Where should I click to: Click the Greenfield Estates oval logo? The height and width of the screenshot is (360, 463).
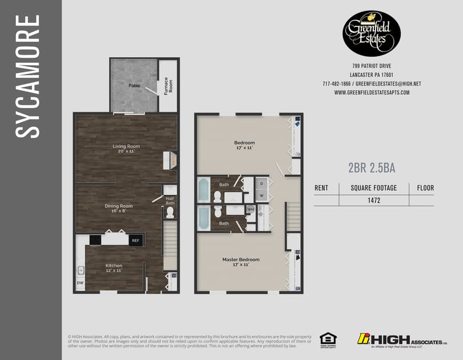coord(372,34)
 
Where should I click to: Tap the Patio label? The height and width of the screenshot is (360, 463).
coord(134,86)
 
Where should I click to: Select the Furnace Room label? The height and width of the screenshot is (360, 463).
coord(167,86)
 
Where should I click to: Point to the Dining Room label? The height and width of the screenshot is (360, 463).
coord(118,208)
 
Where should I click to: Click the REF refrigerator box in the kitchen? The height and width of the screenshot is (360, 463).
coord(135,241)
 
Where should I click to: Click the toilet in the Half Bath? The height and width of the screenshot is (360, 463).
coord(169,213)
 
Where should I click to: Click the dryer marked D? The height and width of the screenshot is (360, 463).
coord(261,184)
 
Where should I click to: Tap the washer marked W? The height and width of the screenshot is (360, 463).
coord(261,195)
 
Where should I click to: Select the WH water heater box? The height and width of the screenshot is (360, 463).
coord(250,210)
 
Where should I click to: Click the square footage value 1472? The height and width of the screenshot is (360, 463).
coord(374,201)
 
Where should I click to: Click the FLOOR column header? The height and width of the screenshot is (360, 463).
coord(425,187)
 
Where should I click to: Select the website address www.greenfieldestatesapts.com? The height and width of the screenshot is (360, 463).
coord(372,93)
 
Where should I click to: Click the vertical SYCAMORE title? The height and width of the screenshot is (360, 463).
coord(27,76)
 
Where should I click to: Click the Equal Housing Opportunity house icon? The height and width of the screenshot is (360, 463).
coord(328,338)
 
